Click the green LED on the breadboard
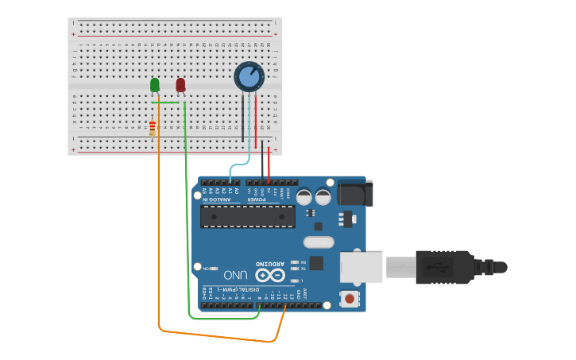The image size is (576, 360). [155, 84]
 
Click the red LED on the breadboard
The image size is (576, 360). [180, 84]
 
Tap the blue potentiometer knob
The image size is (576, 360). [249, 77]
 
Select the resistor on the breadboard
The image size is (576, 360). [153, 126]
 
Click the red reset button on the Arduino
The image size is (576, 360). [348, 299]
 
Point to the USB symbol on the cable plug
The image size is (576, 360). [440, 265]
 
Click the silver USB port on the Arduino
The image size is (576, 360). [361, 266]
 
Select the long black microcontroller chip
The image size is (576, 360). [247, 216]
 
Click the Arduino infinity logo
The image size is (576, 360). [270, 275]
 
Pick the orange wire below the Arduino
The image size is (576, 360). [215, 336]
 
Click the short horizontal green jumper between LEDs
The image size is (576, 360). [165, 103]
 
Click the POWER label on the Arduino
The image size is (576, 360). [258, 199]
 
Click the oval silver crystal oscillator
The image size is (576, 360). [319, 242]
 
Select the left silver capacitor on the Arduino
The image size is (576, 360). [304, 195]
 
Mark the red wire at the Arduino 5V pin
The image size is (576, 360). [269, 167]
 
